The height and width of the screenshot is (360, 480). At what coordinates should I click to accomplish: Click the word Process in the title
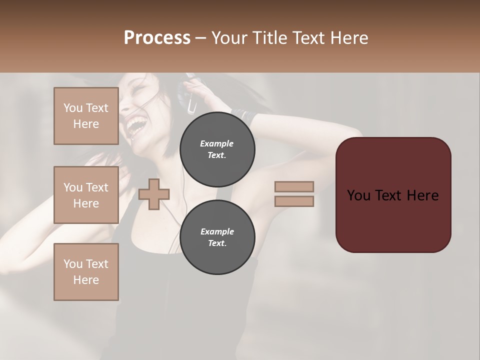pyautogui.click(x=157, y=38)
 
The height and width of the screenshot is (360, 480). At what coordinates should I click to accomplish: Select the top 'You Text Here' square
pyautogui.click(x=86, y=116)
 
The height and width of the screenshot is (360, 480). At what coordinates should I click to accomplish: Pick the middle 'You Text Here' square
pyautogui.click(x=86, y=195)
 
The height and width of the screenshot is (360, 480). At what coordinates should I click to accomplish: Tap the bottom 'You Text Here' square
pyautogui.click(x=86, y=272)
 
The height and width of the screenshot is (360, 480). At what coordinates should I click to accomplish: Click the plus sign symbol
pyautogui.click(x=154, y=194)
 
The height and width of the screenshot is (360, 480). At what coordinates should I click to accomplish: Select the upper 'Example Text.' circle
pyautogui.click(x=217, y=149)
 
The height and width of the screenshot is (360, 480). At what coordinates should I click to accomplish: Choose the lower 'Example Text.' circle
pyautogui.click(x=217, y=237)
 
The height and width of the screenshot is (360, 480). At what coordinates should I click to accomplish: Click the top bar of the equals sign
pyautogui.click(x=294, y=186)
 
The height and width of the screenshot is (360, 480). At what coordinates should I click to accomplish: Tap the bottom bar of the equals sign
pyautogui.click(x=294, y=201)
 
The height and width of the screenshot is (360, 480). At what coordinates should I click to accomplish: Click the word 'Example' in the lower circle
pyautogui.click(x=217, y=231)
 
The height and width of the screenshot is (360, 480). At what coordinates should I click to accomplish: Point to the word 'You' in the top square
pyautogui.click(x=73, y=108)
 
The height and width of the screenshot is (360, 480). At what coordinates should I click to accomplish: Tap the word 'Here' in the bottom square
pyautogui.click(x=86, y=280)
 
